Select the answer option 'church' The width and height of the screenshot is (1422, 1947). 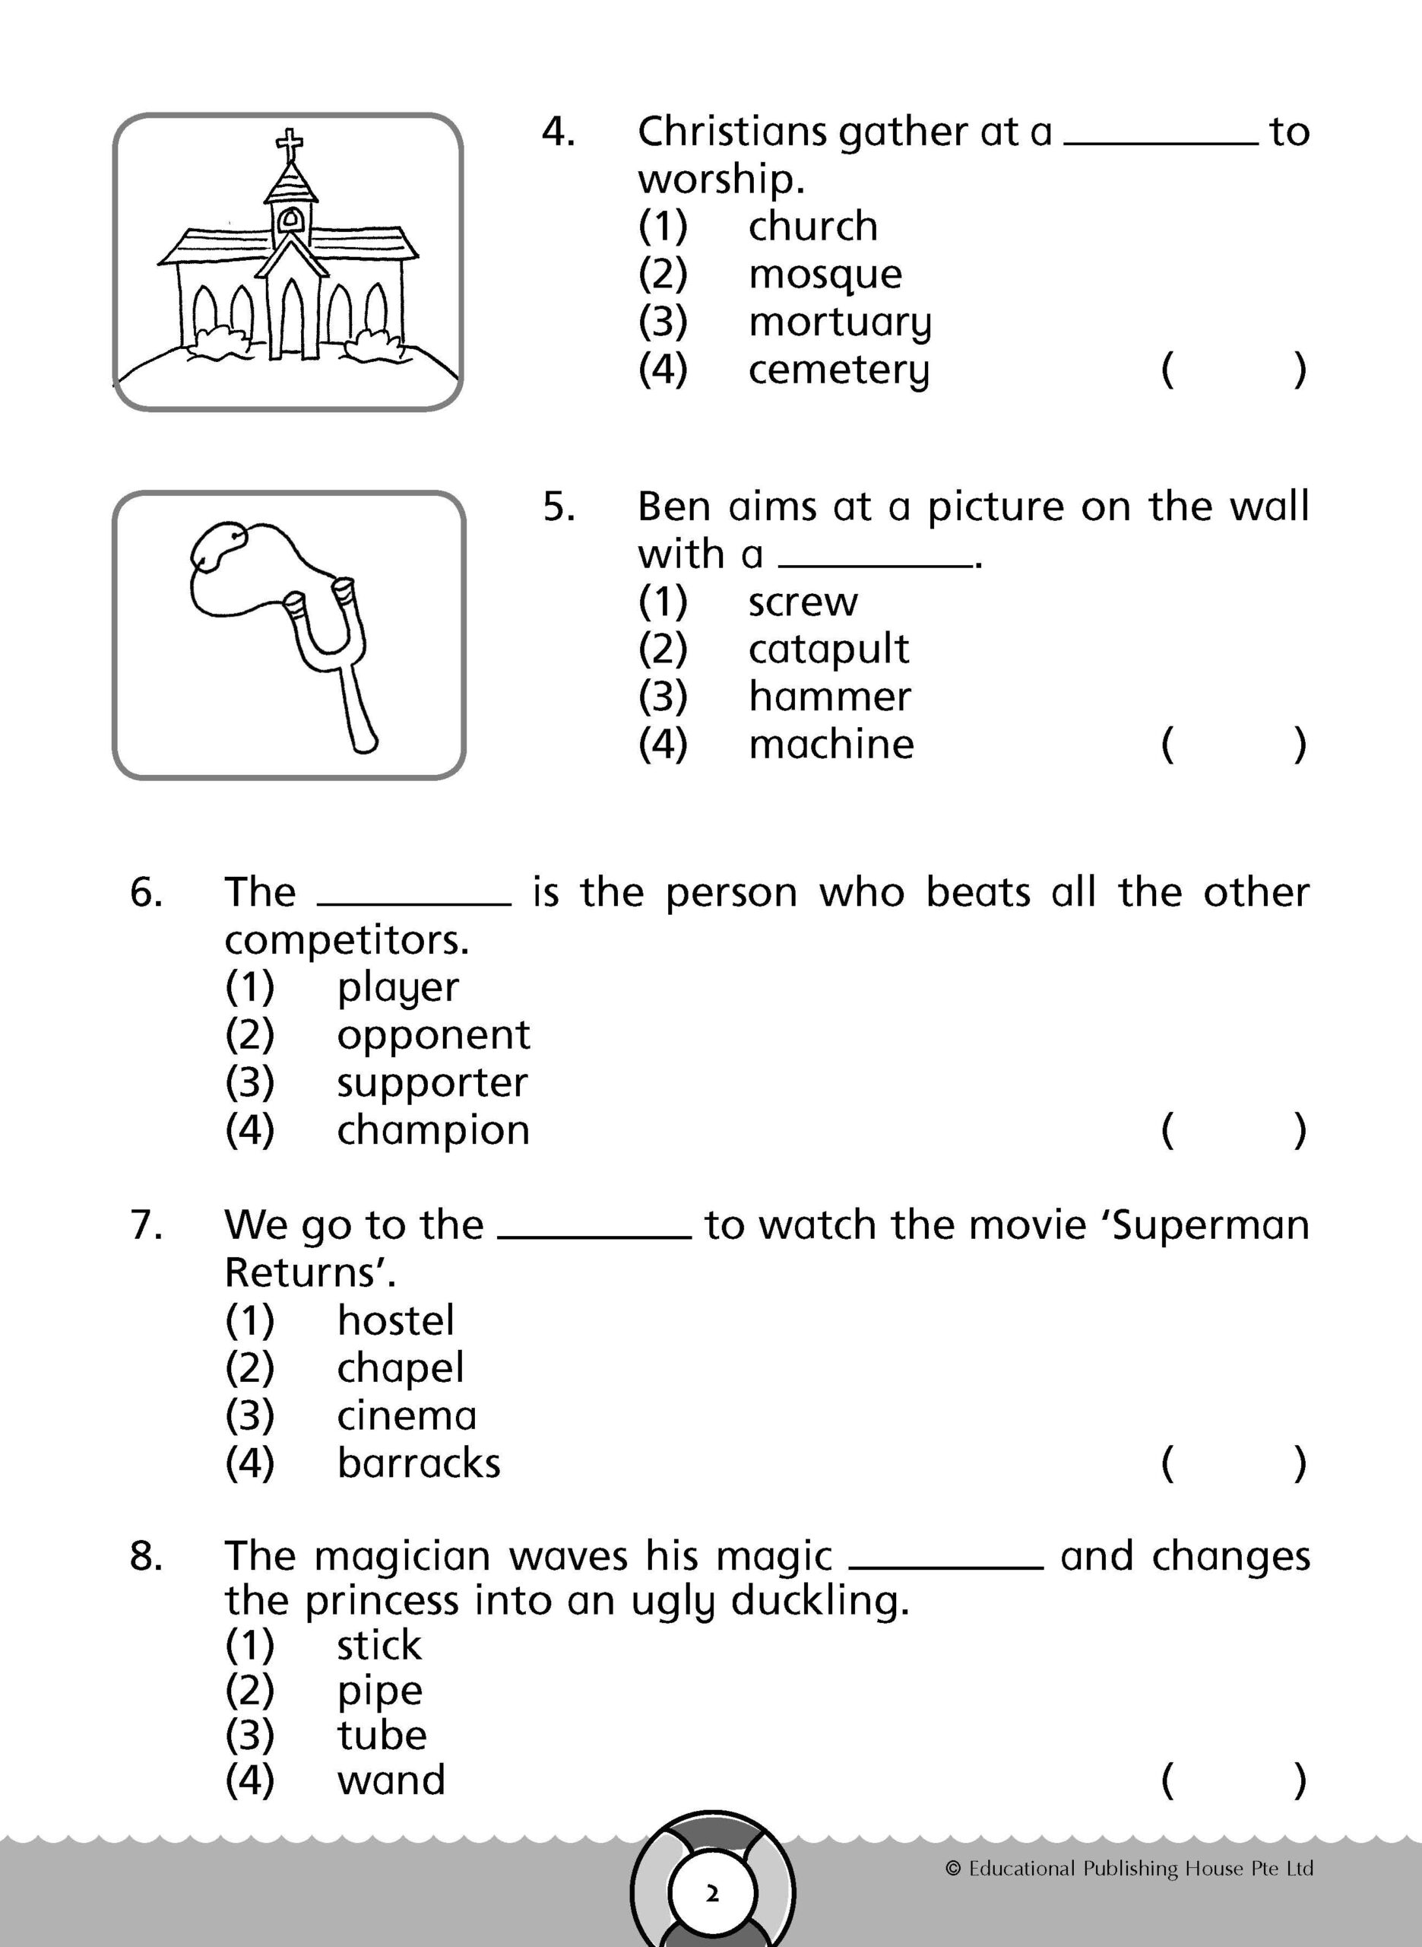(x=812, y=227)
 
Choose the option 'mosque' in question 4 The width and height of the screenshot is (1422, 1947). (x=825, y=275)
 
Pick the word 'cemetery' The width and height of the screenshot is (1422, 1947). (x=838, y=370)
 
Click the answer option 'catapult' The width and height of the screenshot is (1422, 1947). (x=828, y=650)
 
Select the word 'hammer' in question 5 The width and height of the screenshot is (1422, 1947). (x=829, y=697)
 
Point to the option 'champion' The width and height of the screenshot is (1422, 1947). (x=433, y=1131)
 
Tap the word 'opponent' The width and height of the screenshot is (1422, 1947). (x=433, y=1035)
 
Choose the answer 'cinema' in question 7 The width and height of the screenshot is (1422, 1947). (x=407, y=1415)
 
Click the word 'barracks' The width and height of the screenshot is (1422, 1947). (x=418, y=1463)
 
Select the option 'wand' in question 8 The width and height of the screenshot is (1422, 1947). (x=391, y=1780)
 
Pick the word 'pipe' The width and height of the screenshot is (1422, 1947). (x=379, y=1691)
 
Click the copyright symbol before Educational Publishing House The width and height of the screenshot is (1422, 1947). (x=952, y=1869)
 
